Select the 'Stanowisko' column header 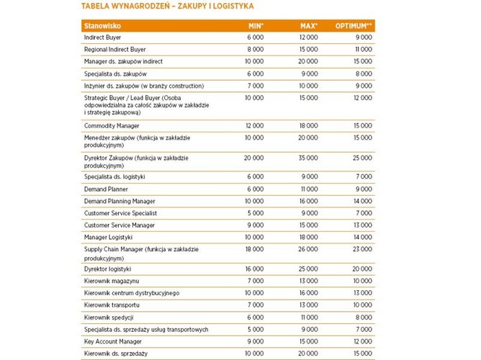[x=102, y=26]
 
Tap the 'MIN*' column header [x=256, y=26]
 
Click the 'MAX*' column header [x=309, y=26]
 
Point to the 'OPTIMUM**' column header [x=354, y=26]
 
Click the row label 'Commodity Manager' [x=112, y=125]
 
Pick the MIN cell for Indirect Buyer [x=255, y=37]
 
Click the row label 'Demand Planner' [x=106, y=189]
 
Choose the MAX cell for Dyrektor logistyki [x=308, y=269]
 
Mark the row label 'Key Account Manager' [x=112, y=342]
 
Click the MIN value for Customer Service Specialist [x=256, y=213]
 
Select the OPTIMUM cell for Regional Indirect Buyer [x=362, y=50]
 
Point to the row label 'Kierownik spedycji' [x=109, y=318]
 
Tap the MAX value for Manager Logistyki [x=308, y=237]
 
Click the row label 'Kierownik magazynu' [x=112, y=281]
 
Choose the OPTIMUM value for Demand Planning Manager [x=362, y=202]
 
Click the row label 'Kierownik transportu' [x=112, y=305]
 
